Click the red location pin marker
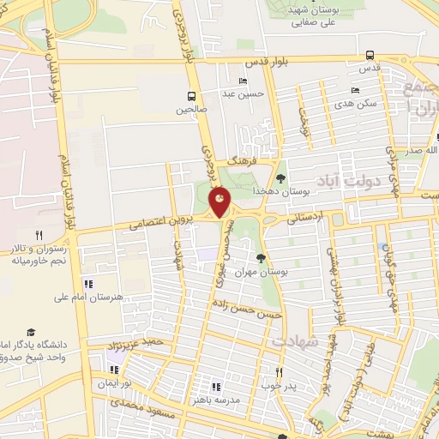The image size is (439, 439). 219,203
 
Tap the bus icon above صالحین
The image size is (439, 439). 192,96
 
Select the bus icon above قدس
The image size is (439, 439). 370,54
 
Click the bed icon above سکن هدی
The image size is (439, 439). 354,90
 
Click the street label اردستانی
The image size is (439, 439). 304,218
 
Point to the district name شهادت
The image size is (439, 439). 295,341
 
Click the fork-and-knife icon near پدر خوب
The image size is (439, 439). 278,372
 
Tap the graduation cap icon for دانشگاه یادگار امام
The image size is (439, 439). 32,331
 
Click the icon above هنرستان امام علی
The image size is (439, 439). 87,284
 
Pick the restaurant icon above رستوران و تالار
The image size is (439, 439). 38,235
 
